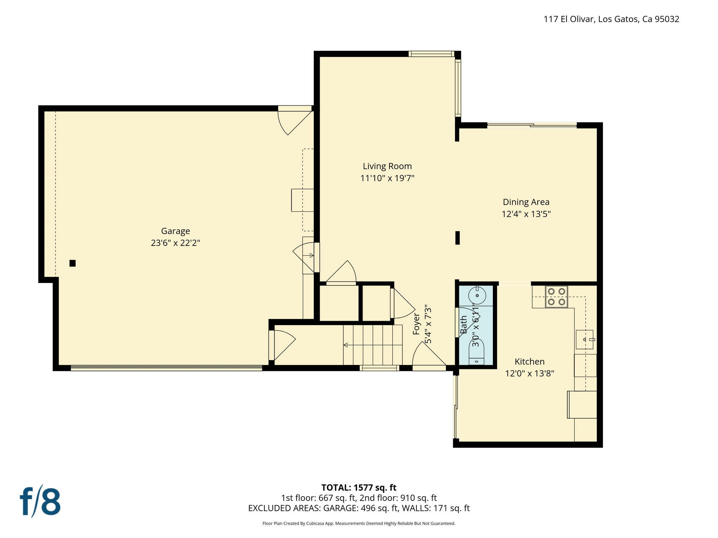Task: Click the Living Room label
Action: click(x=387, y=166)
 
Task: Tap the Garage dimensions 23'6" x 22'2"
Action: click(x=175, y=243)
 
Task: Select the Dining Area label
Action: click(x=526, y=202)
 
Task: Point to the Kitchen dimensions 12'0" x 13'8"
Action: click(x=529, y=373)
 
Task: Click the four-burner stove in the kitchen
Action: click(x=556, y=296)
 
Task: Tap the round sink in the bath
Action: click(x=477, y=295)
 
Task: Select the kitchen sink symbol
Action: click(x=584, y=339)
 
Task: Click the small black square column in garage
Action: click(x=73, y=263)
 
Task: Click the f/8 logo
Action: click(x=40, y=501)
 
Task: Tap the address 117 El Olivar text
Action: click(x=611, y=19)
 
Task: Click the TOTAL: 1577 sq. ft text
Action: click(x=359, y=487)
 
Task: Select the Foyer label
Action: click(x=416, y=324)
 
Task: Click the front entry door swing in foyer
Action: click(x=428, y=356)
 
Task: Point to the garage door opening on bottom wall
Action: click(x=166, y=368)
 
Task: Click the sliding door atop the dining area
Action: click(x=531, y=125)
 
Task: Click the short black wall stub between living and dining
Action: click(x=457, y=237)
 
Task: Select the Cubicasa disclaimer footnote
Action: click(x=359, y=523)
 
